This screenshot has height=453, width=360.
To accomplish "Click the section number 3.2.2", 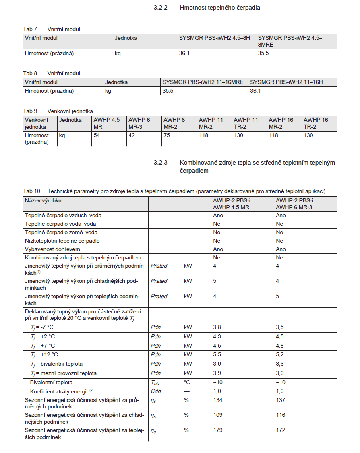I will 160,8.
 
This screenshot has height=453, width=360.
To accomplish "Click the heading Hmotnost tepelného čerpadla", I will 220,8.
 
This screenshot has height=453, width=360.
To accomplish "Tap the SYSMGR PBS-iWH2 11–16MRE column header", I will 203,82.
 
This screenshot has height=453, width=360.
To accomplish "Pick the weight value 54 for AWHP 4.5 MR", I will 97,136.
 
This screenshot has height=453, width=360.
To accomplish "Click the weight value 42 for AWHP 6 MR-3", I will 132,136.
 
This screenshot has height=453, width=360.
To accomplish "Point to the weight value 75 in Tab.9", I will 167,136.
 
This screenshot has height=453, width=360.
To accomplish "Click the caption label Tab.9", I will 30,111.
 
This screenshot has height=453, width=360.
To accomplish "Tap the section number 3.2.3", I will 160,163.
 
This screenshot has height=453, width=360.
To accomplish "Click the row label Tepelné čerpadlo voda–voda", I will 60,224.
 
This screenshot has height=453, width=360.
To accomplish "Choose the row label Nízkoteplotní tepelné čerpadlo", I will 62,241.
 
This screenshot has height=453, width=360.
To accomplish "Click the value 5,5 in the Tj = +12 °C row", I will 217,354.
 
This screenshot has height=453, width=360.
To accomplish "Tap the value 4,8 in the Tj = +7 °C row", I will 280,346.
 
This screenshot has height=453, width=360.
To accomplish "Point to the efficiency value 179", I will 217,430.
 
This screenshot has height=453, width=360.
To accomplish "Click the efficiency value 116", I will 281,415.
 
